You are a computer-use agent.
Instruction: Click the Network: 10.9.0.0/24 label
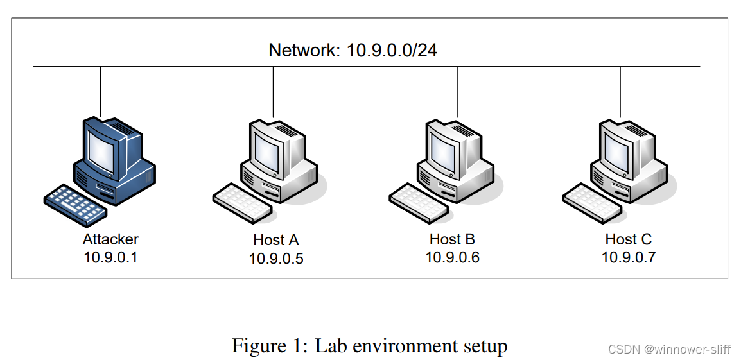click(x=353, y=51)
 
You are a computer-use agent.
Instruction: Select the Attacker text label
click(x=110, y=239)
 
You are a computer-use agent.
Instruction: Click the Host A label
click(x=276, y=240)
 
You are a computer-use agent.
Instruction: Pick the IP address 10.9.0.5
click(x=276, y=259)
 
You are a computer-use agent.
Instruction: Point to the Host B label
click(x=452, y=239)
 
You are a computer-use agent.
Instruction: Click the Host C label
click(x=628, y=239)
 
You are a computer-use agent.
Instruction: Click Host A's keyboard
click(x=242, y=202)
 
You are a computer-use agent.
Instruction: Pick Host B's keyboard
click(x=419, y=202)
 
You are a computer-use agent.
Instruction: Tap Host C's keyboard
click(x=591, y=202)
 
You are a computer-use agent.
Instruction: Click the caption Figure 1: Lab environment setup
click(x=369, y=346)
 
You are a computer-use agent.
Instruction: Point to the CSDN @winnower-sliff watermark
click(x=668, y=349)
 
